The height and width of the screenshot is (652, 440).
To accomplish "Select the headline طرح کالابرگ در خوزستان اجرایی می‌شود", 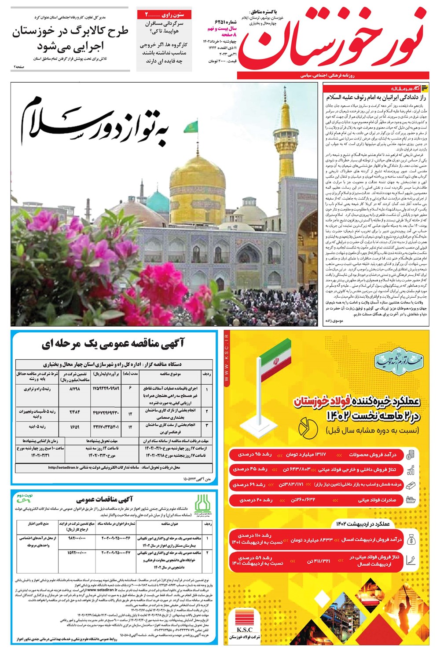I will [70, 38].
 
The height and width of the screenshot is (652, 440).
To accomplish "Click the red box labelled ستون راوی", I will [164, 15].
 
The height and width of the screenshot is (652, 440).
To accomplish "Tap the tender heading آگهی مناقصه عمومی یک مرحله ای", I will [114, 344].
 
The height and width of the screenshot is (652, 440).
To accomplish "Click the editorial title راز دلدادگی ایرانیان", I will [376, 98].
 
